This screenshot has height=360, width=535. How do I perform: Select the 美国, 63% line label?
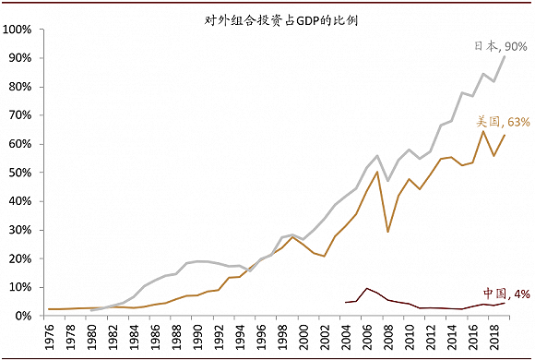click(502, 121)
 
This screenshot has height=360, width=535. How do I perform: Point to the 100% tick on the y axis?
click(20, 30)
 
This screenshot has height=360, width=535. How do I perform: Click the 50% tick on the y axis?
click(23, 173)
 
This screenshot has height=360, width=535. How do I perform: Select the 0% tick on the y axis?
click(26, 316)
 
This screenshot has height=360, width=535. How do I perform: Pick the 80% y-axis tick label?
click(23, 87)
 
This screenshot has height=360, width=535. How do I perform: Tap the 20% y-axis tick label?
click(23, 258)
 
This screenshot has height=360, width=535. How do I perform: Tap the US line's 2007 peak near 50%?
click(378, 172)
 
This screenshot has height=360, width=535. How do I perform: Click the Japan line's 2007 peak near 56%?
click(378, 156)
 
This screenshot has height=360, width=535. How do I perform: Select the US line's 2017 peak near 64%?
click(484, 131)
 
